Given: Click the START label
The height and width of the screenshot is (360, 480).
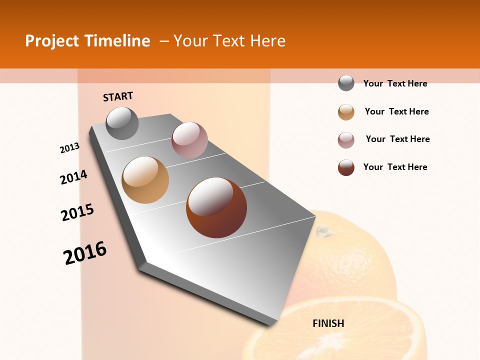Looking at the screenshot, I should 118,96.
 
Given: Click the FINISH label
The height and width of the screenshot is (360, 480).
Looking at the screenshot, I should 328,323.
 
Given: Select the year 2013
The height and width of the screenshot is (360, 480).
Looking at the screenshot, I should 70,148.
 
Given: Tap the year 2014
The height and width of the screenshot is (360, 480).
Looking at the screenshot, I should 73,177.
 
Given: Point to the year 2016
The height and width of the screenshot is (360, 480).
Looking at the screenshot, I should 85,252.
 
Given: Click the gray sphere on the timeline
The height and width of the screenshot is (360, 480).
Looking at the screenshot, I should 122,123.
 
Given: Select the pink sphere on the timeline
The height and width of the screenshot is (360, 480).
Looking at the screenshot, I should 189,140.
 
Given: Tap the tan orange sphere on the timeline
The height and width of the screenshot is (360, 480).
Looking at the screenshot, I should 145,179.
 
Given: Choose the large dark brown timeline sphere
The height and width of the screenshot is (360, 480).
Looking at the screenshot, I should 216,207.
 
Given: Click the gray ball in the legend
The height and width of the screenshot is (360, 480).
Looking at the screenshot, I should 346,83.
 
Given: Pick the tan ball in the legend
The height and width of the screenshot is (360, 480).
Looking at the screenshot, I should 346,112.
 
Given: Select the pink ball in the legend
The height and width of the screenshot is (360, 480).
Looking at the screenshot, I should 346,140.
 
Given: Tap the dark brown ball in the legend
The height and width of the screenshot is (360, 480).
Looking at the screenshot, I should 346,167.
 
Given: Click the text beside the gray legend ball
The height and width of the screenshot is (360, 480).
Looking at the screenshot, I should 395,83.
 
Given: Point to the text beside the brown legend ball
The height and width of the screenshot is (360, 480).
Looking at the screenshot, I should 395,167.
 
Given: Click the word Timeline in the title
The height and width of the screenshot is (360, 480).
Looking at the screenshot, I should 117,41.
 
